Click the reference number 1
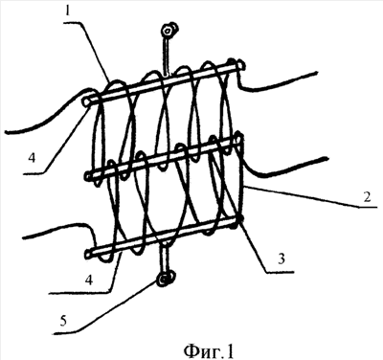67,11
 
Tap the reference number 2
367,196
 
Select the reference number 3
281,259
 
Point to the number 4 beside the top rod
32,158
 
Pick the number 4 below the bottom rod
89,281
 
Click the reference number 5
63,321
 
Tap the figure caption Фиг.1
209,350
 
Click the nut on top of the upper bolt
168,30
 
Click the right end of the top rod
241,65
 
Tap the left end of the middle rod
88,175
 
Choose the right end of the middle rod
238,140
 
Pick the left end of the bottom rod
88,254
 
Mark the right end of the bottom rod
239,220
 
